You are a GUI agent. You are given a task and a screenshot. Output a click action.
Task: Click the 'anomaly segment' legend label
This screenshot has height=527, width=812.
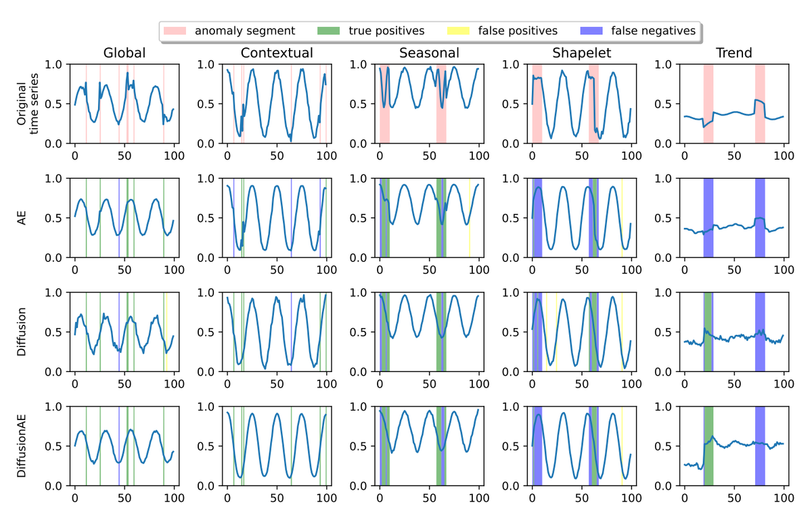[x=244, y=30]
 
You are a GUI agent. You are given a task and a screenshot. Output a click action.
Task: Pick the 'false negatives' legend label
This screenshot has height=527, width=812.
[x=653, y=30]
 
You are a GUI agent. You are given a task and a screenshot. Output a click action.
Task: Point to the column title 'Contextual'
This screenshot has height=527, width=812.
[x=277, y=53]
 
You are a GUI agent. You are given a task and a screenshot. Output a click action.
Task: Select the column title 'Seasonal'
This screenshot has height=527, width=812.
[x=429, y=53]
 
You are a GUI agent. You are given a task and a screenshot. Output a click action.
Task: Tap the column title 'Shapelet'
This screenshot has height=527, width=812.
[x=582, y=53]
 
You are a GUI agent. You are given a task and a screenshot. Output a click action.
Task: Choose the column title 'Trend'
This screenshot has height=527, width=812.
[x=734, y=53]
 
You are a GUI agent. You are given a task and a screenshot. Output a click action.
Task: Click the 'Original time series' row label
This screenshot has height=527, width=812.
[x=28, y=104]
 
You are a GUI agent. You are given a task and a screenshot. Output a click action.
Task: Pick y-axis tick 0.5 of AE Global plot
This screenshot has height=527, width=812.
[x=58, y=219]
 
